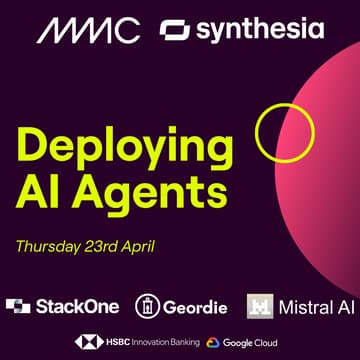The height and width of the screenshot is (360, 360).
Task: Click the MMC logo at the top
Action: pyautogui.click(x=89, y=30)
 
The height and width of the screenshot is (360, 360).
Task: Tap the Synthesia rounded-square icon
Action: pyautogui.click(x=174, y=31)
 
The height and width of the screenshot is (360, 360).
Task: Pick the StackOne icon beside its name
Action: pyautogui.click(x=18, y=306)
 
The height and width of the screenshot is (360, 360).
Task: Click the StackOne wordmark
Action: pyautogui.click(x=76, y=306)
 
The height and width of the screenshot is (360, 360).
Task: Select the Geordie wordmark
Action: pyautogui.click(x=196, y=306)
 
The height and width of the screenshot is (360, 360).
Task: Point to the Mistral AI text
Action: pyautogui.click(x=318, y=306)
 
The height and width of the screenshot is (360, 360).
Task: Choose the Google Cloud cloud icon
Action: pyautogui.click(x=214, y=343)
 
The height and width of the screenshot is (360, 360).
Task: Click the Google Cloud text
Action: pyautogui.click(x=254, y=343)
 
